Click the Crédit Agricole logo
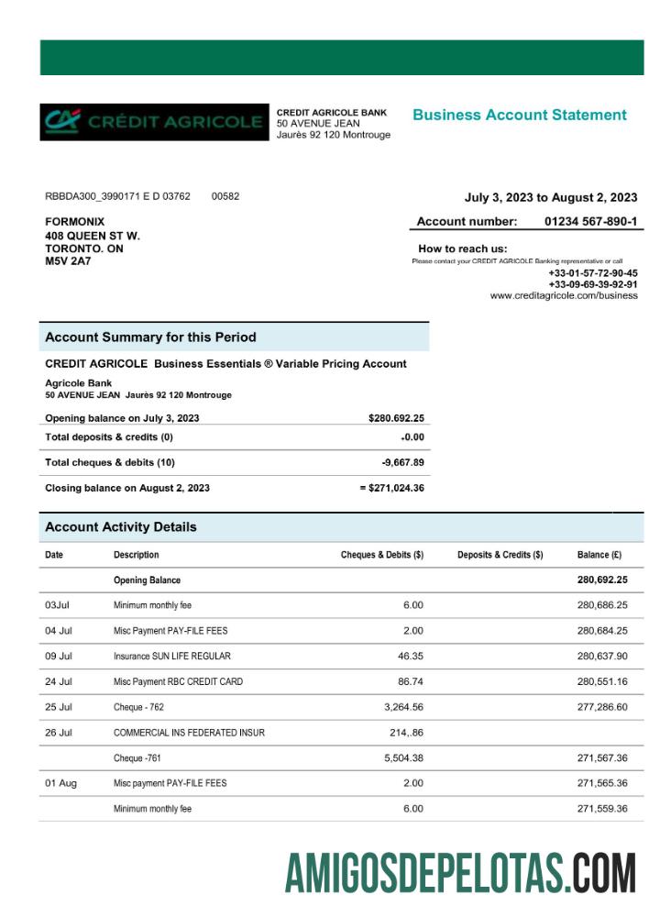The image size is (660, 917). point(153,122)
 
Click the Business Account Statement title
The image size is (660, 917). point(519,115)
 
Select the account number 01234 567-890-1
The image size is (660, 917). point(590,221)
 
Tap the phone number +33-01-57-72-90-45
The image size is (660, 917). point(593,273)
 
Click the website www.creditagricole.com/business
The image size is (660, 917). point(564,296)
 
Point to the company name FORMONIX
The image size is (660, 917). point(75,222)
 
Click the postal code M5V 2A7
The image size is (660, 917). point(68,261)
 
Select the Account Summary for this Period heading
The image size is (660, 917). point(150,337)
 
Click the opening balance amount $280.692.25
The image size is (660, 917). point(396,418)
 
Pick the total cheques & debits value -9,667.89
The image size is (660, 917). point(402,462)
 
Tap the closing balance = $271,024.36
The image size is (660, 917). point(391,488)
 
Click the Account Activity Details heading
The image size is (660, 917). point(120,527)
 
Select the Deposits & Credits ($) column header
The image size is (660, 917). point(500,555)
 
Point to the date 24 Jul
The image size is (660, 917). point(59,682)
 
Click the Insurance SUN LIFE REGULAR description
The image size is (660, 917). point(171,657)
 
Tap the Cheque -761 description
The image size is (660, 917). point(138,758)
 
